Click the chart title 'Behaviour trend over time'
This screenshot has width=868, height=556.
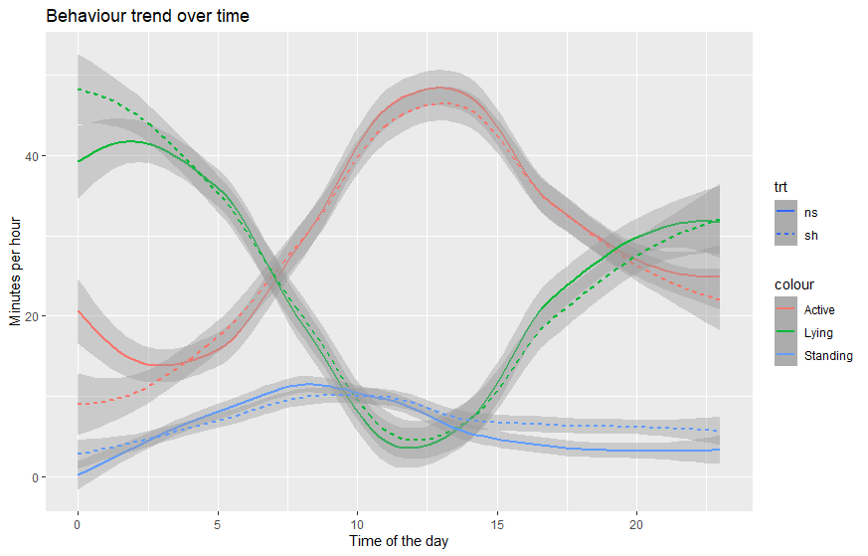pos(147,16)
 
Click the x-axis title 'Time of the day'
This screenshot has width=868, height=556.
pos(398,541)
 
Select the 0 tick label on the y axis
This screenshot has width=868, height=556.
pos(34,477)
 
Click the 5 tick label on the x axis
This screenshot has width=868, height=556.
pos(218,523)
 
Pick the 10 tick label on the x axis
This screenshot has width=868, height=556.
pos(358,523)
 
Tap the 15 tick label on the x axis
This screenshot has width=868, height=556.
pos(498,523)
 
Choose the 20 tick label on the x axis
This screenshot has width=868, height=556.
pos(638,523)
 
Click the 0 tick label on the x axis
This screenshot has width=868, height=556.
pos(78,523)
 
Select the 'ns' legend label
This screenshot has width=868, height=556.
pos(810,212)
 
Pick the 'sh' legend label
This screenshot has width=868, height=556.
pos(810,235)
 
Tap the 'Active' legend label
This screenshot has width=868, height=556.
pos(819,310)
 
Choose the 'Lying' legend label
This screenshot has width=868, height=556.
pos(818,333)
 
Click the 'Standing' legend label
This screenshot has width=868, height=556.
pos(828,356)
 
